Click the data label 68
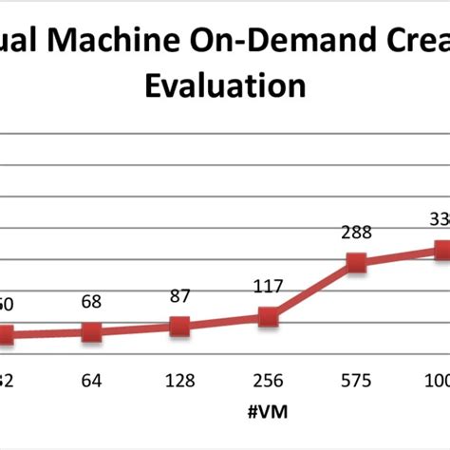91,301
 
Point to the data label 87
180,295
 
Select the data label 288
356,233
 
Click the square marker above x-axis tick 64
91,331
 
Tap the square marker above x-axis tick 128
180,327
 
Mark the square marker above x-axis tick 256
269,317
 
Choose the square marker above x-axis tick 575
356,263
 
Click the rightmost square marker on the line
442,250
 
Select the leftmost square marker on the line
5,334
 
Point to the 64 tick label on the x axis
91,381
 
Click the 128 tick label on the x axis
180,381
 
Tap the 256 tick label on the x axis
269,381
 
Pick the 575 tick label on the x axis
356,381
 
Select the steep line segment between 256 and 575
312,291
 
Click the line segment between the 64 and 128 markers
136,329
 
